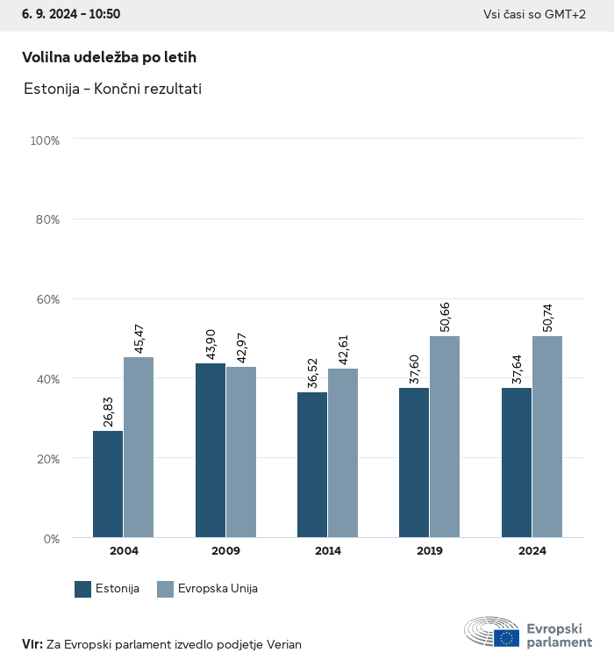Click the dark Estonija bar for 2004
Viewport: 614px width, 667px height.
pyautogui.click(x=108, y=484)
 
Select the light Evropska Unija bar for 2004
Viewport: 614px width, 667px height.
pyautogui.click(x=139, y=447)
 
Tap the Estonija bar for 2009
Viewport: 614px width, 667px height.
pyautogui.click(x=211, y=449)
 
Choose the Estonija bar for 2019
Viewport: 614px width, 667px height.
pyautogui.click(x=414, y=463)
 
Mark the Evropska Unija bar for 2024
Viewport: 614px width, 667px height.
pyautogui.click(x=547, y=436)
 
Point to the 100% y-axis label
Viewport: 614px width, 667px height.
pyautogui.click(x=44, y=140)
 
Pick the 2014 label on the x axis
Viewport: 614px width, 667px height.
pyautogui.click(x=328, y=551)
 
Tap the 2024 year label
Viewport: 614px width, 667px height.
pyautogui.click(x=532, y=551)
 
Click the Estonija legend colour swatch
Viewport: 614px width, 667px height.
pyautogui.click(x=83, y=589)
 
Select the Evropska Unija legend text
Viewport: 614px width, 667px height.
pyautogui.click(x=218, y=589)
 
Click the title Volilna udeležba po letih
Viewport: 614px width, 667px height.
pyautogui.click(x=109, y=57)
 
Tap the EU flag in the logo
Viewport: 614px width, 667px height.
pyautogui.click(x=506, y=638)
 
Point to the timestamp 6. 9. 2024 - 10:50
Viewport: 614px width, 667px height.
pyautogui.click(x=66, y=14)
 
